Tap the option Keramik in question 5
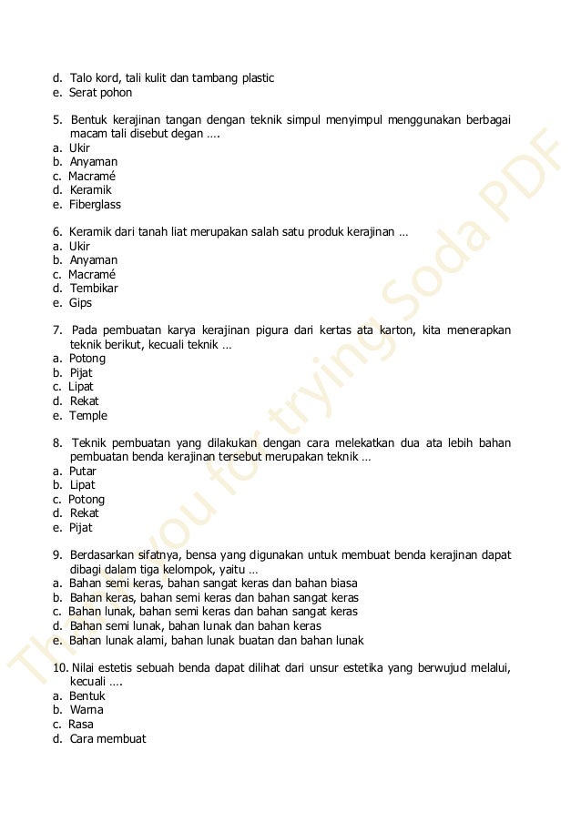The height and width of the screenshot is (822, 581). pos(90,190)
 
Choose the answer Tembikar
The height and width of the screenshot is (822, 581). pos(94,289)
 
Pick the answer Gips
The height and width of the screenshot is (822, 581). pos(81,303)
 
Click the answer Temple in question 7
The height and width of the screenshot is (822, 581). pos(88,416)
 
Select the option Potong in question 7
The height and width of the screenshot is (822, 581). pos(87,359)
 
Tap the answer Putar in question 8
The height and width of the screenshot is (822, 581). pos(83,472)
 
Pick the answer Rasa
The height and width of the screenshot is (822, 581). pos(81,725)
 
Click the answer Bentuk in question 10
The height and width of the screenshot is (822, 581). pos(87,695)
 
